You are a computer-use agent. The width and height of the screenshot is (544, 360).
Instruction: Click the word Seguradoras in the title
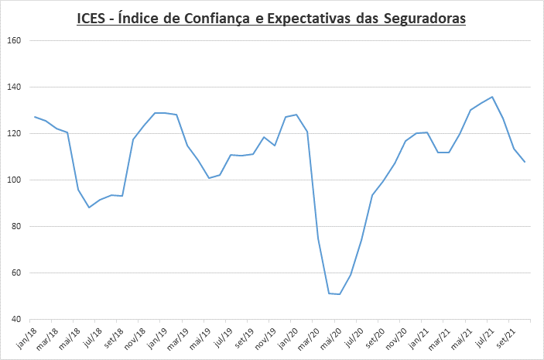[425, 19]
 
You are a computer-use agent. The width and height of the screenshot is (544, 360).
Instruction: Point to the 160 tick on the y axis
[13, 40]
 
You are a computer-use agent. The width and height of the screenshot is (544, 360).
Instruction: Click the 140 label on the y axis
[13, 87]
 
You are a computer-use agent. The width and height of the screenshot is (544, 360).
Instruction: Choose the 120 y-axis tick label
[13, 133]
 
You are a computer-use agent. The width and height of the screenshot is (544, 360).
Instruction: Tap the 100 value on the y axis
[13, 180]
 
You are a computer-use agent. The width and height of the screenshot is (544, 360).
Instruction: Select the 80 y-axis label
[15, 226]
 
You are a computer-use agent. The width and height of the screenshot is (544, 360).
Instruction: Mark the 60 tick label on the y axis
[15, 273]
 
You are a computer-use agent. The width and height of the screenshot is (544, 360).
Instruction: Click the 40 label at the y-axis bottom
[15, 319]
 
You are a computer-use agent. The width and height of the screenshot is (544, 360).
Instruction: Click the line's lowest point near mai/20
[340, 294]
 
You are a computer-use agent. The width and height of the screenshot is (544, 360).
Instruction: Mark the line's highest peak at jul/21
[492, 97]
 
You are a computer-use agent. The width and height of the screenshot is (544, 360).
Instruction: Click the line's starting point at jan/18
[35, 117]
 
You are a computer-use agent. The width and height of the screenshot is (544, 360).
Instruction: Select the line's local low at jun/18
[89, 207]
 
